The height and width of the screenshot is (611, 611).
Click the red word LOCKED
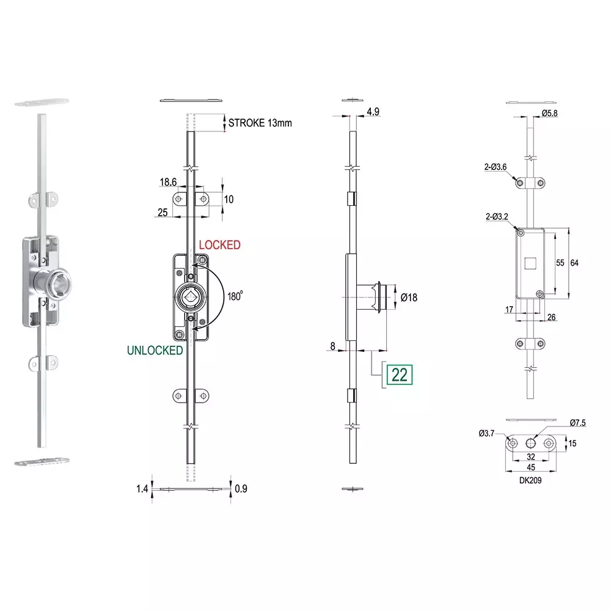coord(220,245)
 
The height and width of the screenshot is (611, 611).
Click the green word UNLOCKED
coord(155,350)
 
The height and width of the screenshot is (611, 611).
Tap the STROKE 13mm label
coord(260,123)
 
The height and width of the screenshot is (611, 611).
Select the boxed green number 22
coord(400,375)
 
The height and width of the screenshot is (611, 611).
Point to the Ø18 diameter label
coord(409,298)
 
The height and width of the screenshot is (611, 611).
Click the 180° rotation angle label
coord(235,296)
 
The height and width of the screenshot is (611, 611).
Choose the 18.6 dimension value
coord(168,182)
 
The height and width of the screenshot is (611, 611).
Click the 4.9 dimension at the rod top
coord(373,112)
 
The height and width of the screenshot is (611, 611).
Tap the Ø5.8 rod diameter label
coord(549,114)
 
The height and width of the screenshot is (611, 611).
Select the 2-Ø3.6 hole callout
coord(496,167)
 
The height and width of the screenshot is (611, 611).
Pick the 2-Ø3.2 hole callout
coord(497,217)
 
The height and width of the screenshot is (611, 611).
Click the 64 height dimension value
coord(574,263)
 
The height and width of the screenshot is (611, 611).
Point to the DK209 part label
coord(530,480)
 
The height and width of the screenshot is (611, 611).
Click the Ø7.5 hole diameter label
coord(577,423)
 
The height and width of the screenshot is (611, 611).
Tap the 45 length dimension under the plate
coord(531,467)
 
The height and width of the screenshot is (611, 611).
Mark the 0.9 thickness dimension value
coord(241,489)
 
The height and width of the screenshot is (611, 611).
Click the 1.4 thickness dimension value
coord(142,489)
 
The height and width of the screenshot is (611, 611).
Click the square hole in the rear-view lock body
coord(530,263)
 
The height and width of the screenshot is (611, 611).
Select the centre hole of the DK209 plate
coord(531,443)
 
